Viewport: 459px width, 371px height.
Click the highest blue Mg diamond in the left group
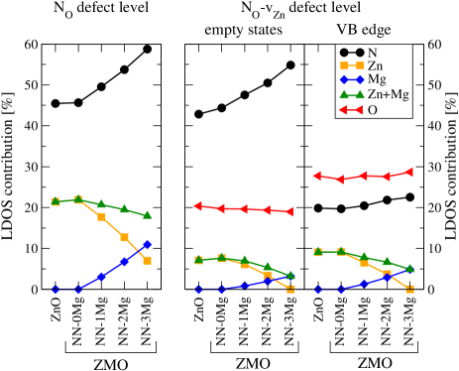tap(147, 244)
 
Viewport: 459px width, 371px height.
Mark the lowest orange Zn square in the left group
tap(147, 260)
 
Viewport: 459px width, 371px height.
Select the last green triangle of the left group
tap(147, 214)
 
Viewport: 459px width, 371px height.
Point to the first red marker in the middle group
tap(198, 206)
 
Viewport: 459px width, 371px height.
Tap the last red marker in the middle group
tap(289, 211)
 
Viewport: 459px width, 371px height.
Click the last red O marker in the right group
tap(409, 172)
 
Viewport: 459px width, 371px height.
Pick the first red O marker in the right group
tap(317, 176)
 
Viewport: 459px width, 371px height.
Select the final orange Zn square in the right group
tap(409, 289)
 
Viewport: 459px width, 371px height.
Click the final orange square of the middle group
tap(290, 289)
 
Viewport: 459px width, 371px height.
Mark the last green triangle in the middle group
tap(290, 275)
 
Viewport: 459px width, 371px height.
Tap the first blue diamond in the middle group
tap(198, 290)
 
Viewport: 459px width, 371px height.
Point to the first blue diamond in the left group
tap(56, 290)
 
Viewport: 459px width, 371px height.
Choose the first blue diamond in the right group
tap(318, 290)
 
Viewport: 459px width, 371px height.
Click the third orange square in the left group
tap(101, 216)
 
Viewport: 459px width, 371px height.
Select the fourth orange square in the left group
tap(124, 238)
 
